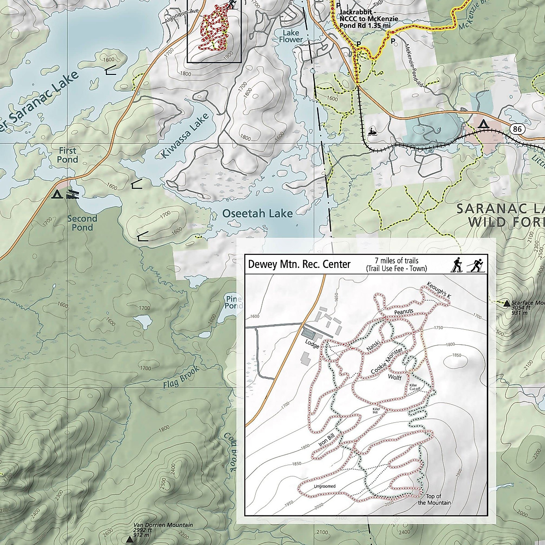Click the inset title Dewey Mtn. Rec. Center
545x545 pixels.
pos(299,264)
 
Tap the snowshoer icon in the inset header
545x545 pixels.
pos(456,264)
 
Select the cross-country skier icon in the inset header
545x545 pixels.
pos(476,264)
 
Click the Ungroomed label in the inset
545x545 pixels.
pos(324,486)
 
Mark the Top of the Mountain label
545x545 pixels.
pos(434,499)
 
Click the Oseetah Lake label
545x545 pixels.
pos(258,213)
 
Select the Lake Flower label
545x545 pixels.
pos(293,36)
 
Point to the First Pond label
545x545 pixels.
pos(67,155)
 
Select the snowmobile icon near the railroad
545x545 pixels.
pos(373,131)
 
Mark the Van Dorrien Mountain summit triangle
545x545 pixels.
pos(129,540)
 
